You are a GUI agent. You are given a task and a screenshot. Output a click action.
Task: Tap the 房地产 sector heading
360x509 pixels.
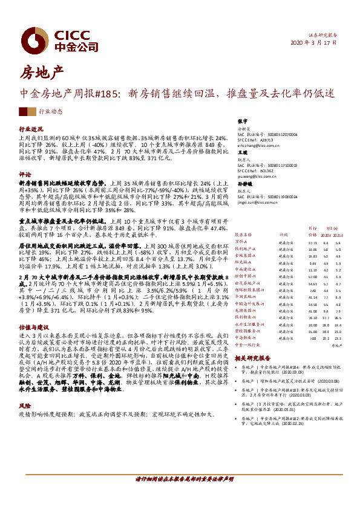(42, 74)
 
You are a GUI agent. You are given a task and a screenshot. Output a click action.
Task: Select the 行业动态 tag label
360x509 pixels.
(51, 112)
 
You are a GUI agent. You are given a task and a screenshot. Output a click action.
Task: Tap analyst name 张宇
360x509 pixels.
(243, 122)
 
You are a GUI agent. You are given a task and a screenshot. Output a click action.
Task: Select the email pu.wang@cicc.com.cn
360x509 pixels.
(257, 178)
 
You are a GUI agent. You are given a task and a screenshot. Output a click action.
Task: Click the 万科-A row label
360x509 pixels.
(241, 241)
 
